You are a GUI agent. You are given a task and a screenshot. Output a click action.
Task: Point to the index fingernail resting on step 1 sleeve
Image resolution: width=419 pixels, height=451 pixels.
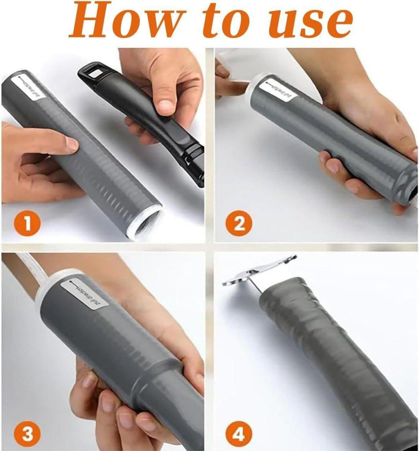coord(72,143)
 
